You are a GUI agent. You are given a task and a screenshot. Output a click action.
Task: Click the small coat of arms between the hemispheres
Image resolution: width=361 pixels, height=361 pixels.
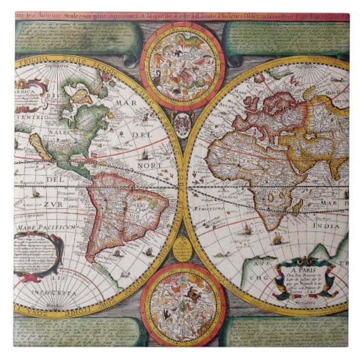pos(182,124)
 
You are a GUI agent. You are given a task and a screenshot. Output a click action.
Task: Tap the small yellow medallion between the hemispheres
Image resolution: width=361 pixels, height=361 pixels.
pos(182,249)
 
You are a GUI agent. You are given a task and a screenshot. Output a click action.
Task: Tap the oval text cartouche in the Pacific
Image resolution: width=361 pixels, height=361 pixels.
pos(37,255)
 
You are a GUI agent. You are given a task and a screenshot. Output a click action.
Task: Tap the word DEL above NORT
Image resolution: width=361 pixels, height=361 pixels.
pos(140,134)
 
